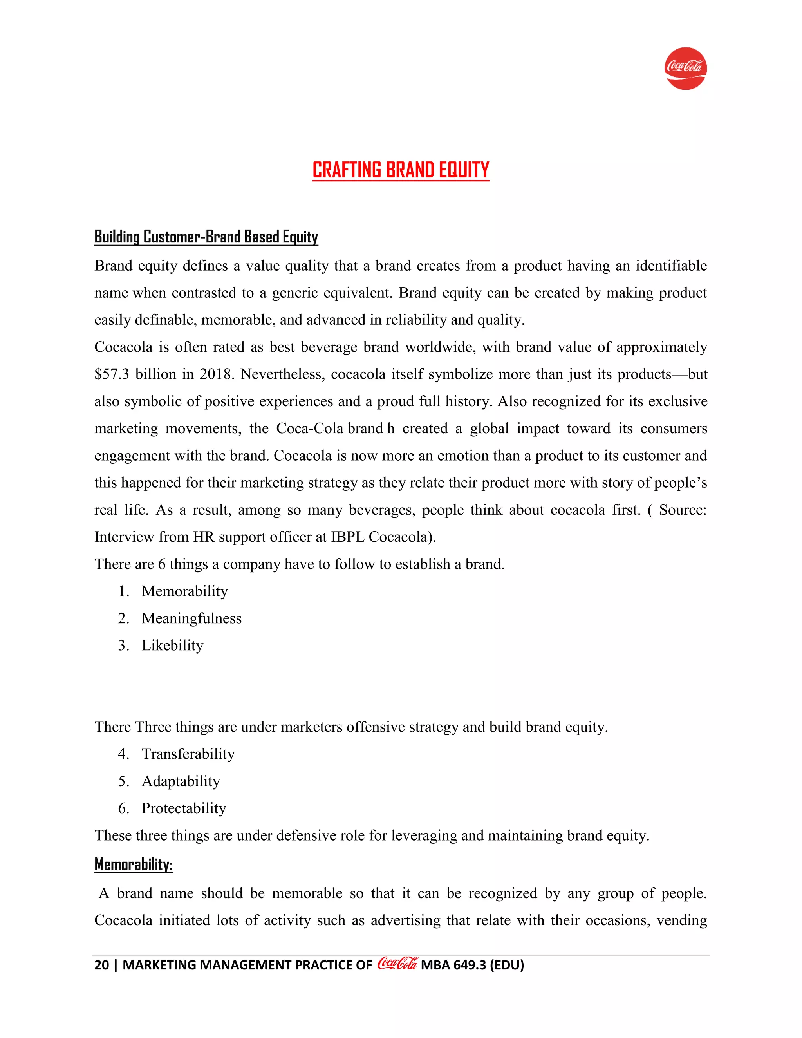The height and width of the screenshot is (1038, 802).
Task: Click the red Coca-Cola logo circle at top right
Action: (685, 69)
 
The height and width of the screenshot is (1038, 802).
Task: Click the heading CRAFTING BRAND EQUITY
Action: (401, 170)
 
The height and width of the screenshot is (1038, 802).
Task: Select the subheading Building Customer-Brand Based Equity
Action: (206, 237)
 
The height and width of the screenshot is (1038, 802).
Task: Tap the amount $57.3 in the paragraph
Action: (112, 374)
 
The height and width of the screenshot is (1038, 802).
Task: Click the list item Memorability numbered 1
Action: (184, 591)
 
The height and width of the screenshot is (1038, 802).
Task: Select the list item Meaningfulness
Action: (191, 618)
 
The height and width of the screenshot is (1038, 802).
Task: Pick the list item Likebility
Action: (172, 646)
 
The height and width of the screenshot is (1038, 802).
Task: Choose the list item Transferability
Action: (188, 754)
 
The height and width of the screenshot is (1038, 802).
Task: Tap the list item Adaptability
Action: (181, 781)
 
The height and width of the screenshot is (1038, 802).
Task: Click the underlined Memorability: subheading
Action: (133, 864)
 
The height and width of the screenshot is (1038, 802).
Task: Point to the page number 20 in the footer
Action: (102, 965)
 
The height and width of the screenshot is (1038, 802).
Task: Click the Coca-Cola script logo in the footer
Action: (397, 964)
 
